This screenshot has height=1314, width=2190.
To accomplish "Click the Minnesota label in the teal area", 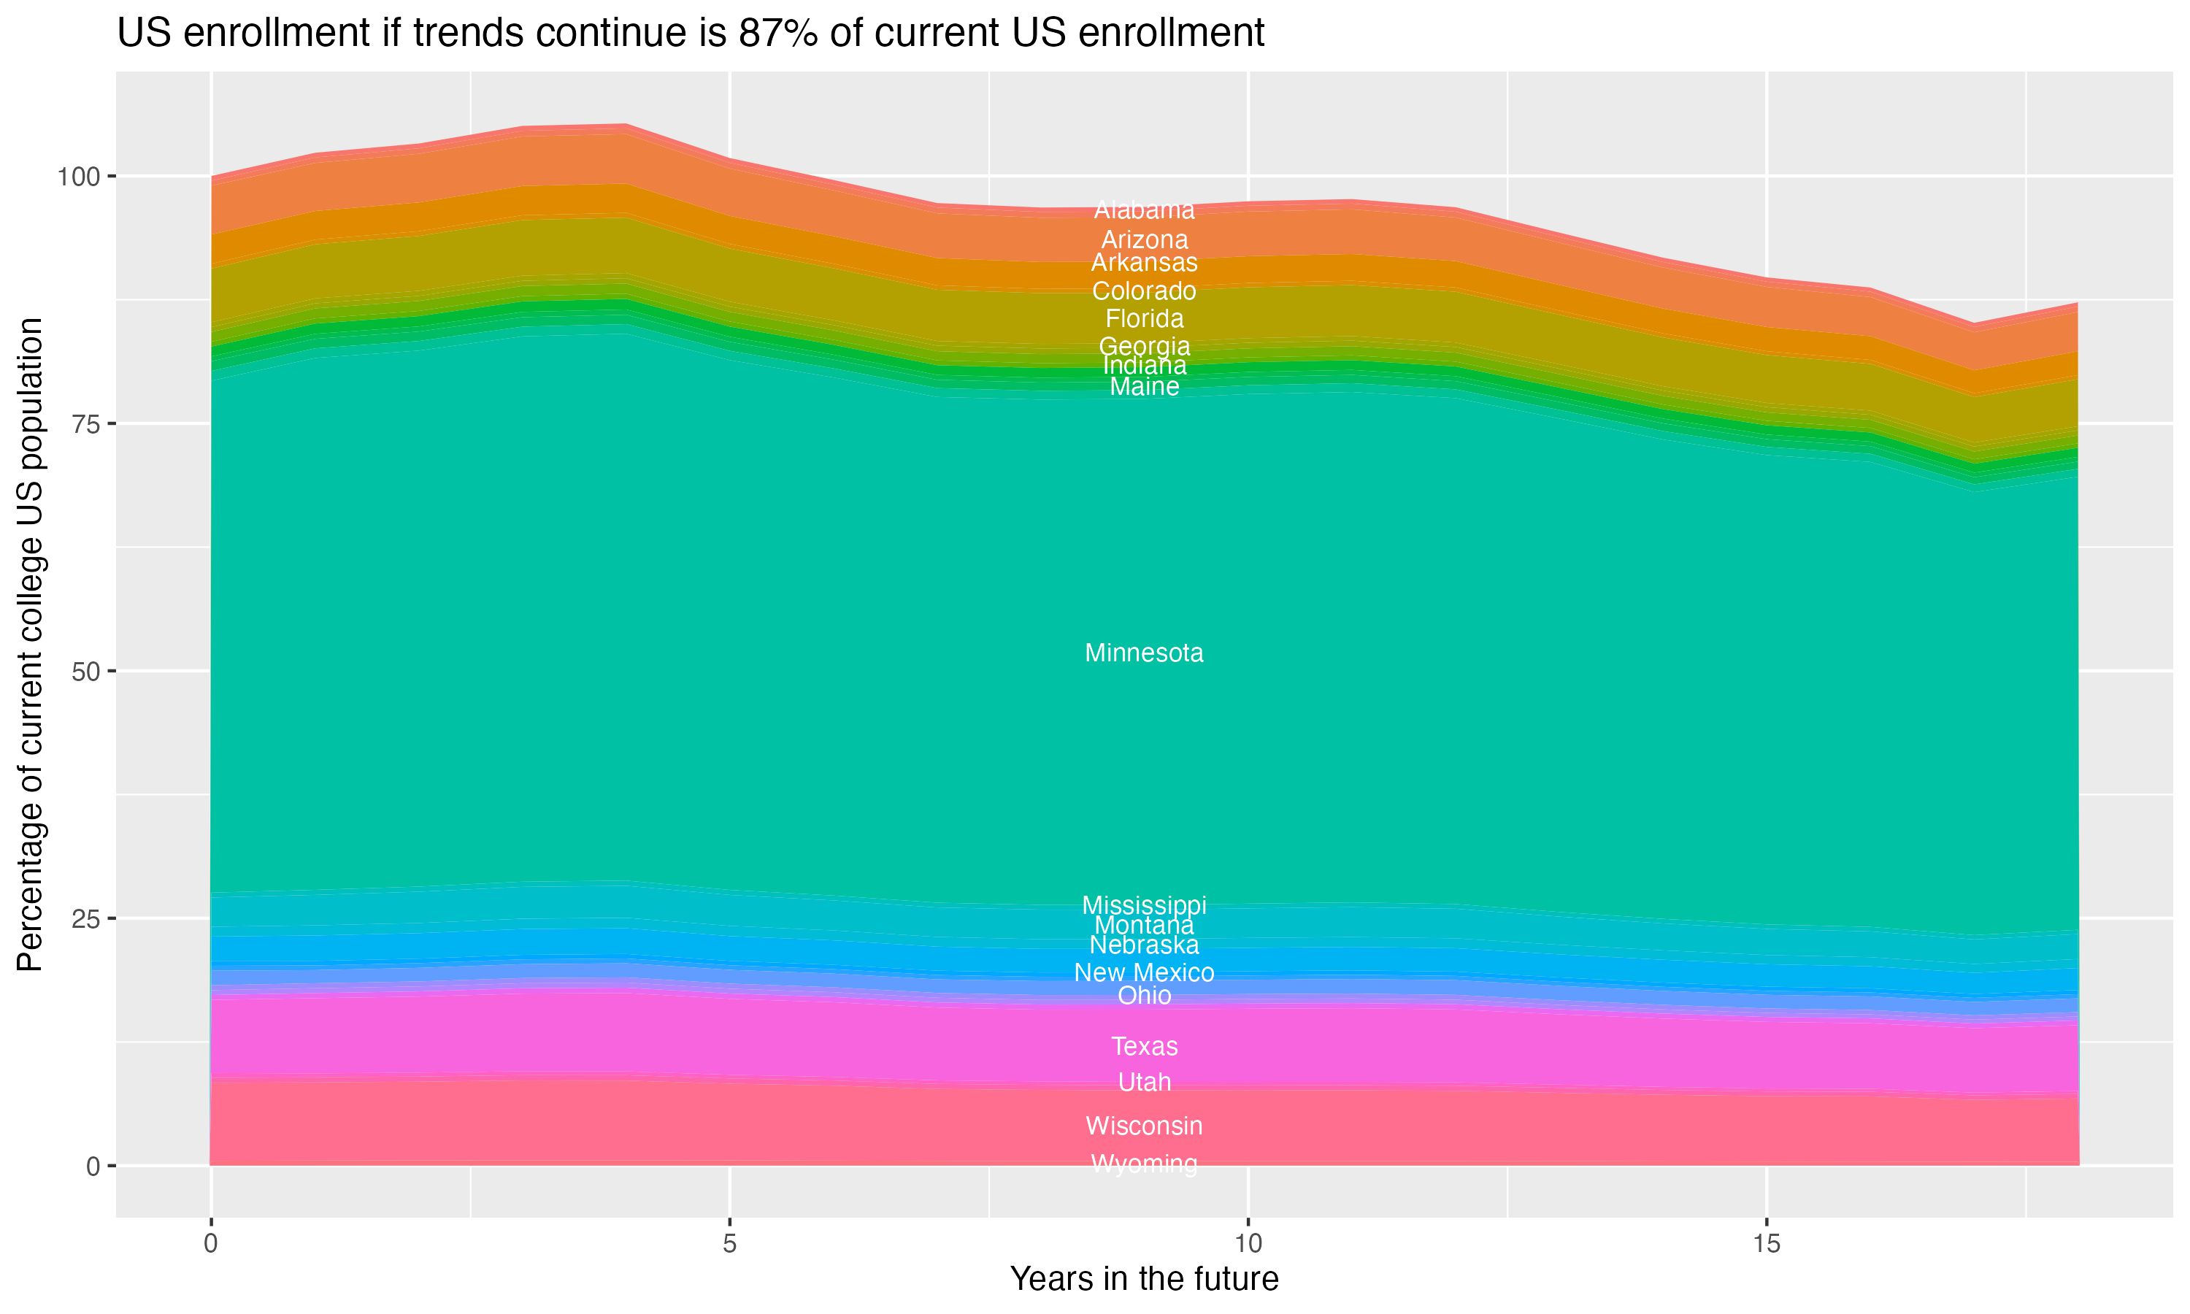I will [x=1144, y=653].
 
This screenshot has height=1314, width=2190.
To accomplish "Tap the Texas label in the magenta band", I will [x=1144, y=1047].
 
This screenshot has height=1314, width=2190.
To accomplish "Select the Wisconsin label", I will [x=1144, y=1126].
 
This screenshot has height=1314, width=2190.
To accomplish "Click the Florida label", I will [x=1144, y=319].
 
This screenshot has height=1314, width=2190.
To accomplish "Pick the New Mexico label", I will [x=1144, y=973].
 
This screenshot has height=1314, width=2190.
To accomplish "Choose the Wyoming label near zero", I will [x=1144, y=1164].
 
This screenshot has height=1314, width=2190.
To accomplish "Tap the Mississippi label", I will [x=1144, y=906].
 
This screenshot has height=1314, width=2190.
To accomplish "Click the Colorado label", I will [x=1144, y=291].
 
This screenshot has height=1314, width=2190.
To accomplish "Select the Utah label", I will [x=1144, y=1082].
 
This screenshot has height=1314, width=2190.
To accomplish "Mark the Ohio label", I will [x=1144, y=996].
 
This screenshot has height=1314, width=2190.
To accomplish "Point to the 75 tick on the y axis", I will [x=82, y=424].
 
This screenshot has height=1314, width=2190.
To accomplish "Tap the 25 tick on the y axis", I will [x=82, y=919].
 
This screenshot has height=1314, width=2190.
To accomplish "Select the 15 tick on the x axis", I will [x=1766, y=1244].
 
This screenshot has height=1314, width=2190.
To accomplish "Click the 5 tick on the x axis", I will [x=729, y=1244].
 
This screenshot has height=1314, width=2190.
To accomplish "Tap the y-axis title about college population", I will [x=30, y=645].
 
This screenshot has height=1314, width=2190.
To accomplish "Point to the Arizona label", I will [x=1144, y=240].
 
